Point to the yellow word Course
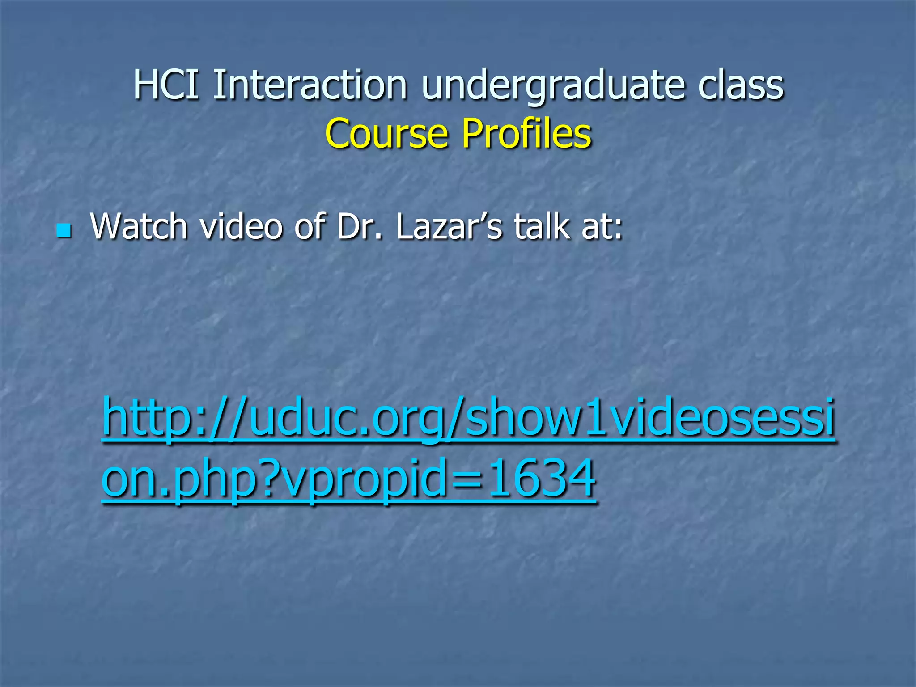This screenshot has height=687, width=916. pyautogui.click(x=386, y=134)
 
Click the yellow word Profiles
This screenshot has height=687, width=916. pyautogui.click(x=526, y=134)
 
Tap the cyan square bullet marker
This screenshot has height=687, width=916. pyautogui.click(x=64, y=231)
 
